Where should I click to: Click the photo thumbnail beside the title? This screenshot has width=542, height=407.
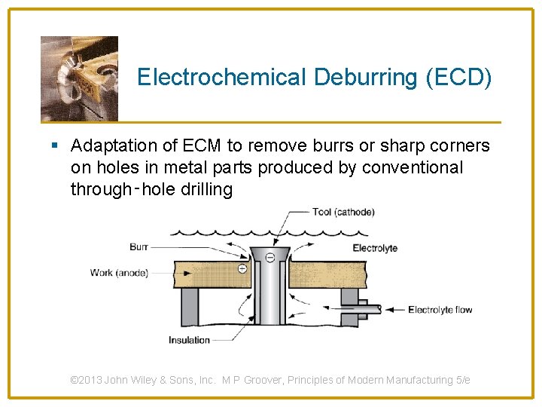[79, 78]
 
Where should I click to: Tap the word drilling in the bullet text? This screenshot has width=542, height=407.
[207, 189]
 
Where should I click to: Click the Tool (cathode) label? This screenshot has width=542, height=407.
[343, 212]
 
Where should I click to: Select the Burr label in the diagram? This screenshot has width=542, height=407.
[139, 246]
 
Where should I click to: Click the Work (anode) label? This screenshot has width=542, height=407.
[119, 272]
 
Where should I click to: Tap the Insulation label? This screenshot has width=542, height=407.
[189, 340]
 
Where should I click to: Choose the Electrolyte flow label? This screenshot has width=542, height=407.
[440, 310]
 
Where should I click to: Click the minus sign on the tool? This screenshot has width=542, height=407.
[270, 258]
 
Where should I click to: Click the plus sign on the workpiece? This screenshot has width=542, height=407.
[242, 268]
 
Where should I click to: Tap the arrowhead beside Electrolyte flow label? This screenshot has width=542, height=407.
[381, 309]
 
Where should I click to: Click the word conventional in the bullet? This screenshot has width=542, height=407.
[413, 167]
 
